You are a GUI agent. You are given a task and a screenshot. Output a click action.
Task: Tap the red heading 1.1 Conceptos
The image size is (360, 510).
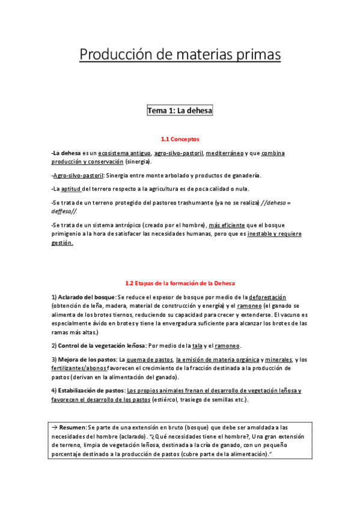pyautogui.click(x=180, y=139)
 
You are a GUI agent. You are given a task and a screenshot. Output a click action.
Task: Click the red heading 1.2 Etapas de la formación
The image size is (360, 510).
pyautogui.click(x=180, y=283)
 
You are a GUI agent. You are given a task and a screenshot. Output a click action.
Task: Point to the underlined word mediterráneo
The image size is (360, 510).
pyautogui.click(x=224, y=153)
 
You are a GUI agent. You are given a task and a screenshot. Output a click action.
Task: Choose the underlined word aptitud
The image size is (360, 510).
pyautogui.click(x=71, y=188)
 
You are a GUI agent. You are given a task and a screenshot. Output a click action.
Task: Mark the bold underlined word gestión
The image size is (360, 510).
pyautogui.click(x=62, y=243)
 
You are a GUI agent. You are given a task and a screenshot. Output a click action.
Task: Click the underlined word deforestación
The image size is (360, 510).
pyautogui.click(x=267, y=298)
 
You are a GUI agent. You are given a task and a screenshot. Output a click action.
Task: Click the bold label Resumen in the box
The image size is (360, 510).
pyautogui.click(x=73, y=426)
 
